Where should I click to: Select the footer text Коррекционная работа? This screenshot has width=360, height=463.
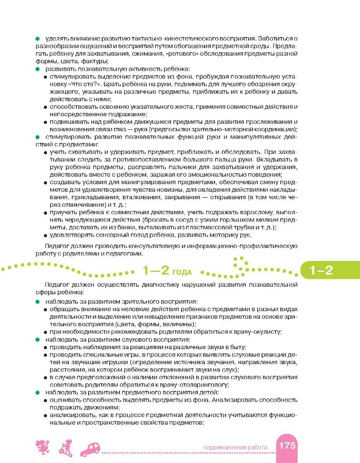pos(235,448)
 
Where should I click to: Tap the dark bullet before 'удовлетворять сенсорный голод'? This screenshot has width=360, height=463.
pos(45,236)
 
